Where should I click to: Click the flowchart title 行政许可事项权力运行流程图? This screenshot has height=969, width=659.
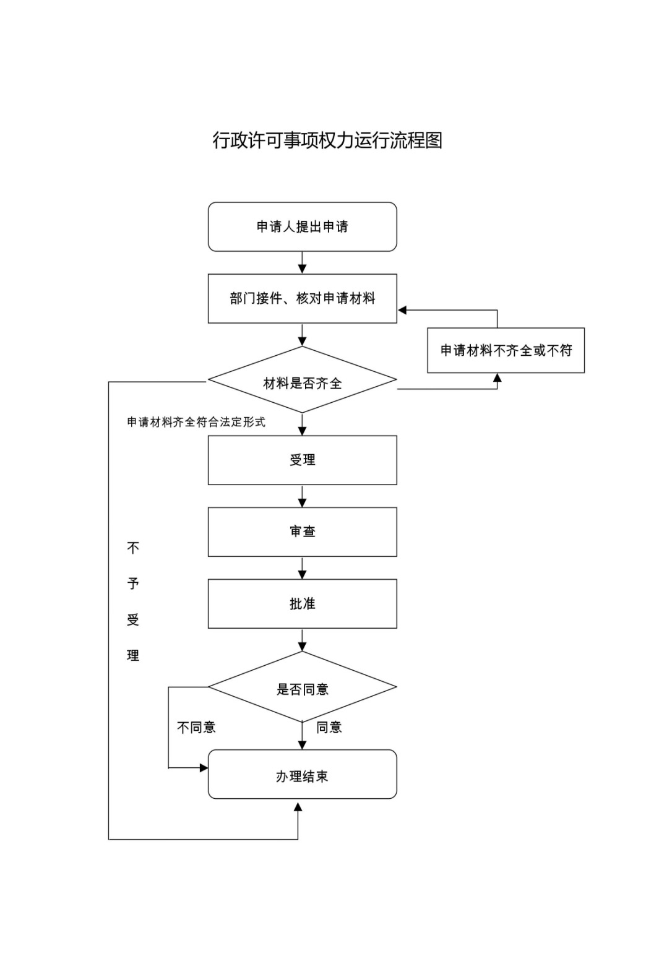[327, 140]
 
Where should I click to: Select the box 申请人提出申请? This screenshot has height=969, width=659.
[302, 226]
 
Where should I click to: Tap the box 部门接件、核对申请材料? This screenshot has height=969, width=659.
[302, 298]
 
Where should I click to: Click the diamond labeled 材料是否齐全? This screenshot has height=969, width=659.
[302, 383]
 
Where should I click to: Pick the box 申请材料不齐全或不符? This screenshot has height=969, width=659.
[506, 350]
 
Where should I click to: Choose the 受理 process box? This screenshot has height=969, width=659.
[302, 460]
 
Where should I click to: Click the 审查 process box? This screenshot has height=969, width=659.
[302, 532]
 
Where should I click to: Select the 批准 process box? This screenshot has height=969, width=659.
[302, 603]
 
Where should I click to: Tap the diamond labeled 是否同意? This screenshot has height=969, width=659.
[302, 689]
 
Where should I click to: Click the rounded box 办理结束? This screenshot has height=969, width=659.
[302, 776]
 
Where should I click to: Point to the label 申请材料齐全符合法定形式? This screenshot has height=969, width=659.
[196, 422]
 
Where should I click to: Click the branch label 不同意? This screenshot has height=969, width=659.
[196, 727]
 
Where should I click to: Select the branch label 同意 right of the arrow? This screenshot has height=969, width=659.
[329, 727]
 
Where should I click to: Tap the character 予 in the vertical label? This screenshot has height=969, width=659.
[133, 584]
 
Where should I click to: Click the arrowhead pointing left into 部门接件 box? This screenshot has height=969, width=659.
[402, 310]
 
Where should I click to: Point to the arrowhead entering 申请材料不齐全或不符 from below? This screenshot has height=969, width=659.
[497, 377]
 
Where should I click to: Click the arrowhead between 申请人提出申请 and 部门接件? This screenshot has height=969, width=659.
[302, 269]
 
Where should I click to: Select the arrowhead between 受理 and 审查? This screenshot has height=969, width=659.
[302, 502]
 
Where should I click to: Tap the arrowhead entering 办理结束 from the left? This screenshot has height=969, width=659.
[204, 768]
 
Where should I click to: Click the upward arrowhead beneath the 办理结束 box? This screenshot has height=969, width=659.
[298, 807]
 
